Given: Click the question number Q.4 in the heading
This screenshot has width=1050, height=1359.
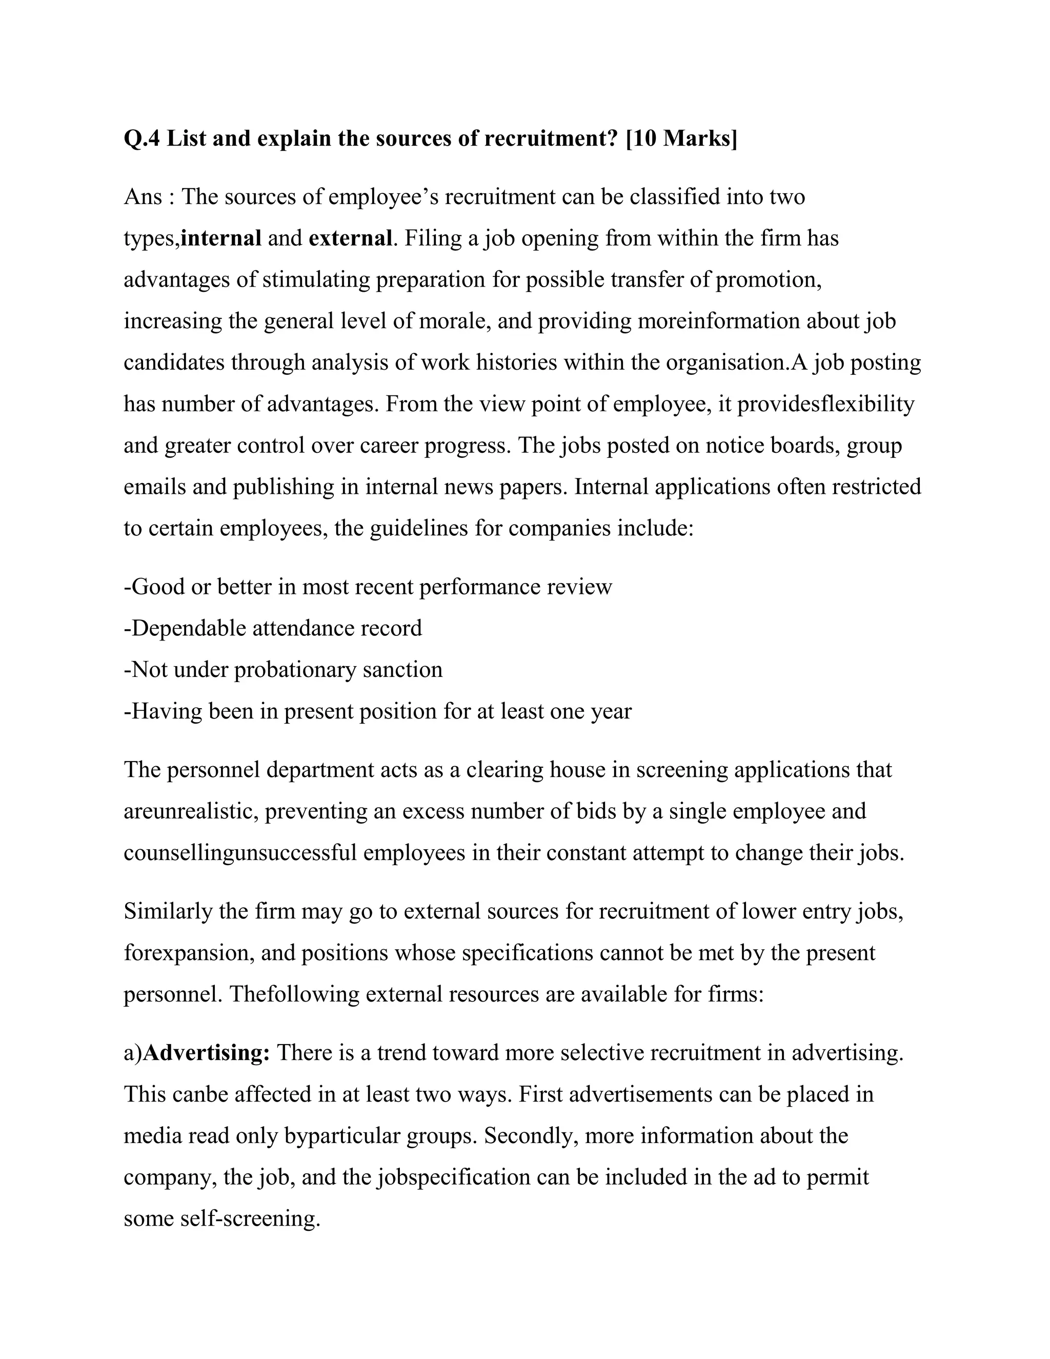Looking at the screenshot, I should tap(142, 138).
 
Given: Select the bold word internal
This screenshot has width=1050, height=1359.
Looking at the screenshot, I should tap(221, 238).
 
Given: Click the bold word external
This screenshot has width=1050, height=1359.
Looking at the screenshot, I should tap(350, 238).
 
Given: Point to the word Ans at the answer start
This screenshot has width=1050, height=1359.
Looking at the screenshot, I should tap(143, 197).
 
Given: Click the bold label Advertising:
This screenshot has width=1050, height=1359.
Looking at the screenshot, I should tap(207, 1053).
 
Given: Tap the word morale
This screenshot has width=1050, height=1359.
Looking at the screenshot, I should tap(453, 321).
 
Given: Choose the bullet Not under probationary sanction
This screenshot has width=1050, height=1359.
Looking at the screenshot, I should tap(283, 670).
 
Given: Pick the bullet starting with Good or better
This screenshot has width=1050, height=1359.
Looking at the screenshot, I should tap(368, 587).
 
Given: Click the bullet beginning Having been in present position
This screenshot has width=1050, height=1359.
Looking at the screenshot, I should tap(377, 711).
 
